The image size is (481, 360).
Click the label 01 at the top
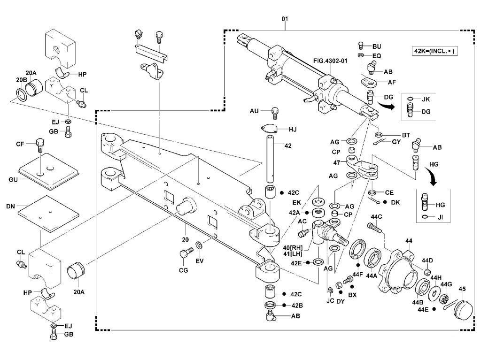(x=284, y=19)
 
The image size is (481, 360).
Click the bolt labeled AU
(x=276, y=113)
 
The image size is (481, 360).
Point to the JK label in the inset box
(x=426, y=100)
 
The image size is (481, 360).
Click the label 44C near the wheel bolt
(x=376, y=216)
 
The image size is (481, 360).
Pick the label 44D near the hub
(x=427, y=260)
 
